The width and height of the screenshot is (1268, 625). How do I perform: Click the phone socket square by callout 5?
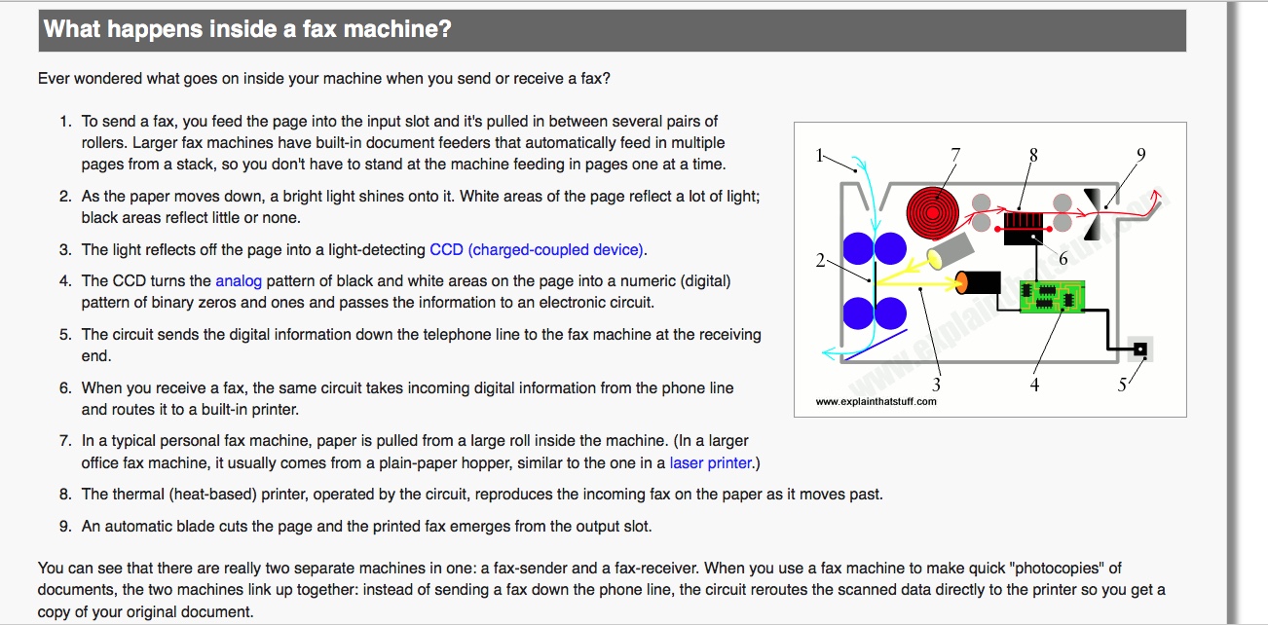[1139, 349]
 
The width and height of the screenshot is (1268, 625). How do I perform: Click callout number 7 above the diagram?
[955, 154]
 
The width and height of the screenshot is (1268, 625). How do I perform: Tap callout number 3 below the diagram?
[937, 386]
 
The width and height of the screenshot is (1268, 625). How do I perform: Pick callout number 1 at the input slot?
[819, 154]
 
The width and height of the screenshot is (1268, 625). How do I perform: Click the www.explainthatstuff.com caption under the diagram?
[876, 401]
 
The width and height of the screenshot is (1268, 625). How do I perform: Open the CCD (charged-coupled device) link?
[538, 250]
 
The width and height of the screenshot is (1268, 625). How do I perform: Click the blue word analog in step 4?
[239, 281]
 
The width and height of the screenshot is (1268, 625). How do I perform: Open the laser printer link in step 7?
[711, 463]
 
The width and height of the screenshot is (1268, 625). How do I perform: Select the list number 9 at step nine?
[65, 527]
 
